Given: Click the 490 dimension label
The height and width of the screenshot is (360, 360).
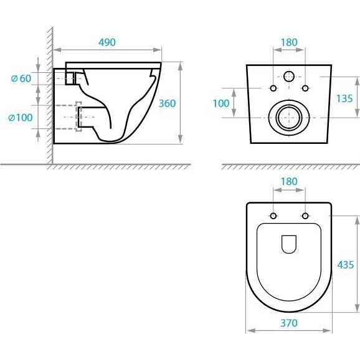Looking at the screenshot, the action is coord(107,42).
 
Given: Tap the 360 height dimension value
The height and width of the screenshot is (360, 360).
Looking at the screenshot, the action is coord(167,103).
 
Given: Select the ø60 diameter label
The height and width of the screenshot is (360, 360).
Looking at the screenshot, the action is coord(21,78).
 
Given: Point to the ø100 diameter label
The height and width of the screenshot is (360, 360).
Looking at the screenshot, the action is coord(21,118).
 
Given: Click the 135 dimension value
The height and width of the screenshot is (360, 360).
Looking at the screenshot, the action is coord(344,98).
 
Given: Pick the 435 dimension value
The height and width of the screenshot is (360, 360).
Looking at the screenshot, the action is coord(346,265).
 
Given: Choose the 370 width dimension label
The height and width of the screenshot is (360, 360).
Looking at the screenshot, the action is coord(289,323).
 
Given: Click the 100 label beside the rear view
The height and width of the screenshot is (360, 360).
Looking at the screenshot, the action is coord(221,103).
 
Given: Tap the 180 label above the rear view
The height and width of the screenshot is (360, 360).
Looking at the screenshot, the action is coord(289,42).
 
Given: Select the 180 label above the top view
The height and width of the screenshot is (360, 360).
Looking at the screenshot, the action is coord(289,181).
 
